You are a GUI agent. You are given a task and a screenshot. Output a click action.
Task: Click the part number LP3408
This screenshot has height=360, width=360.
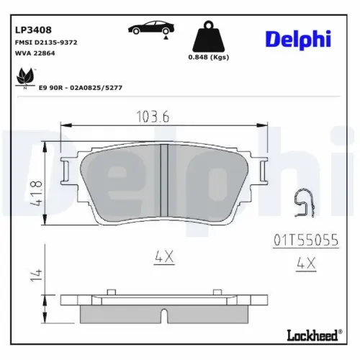click(32, 31)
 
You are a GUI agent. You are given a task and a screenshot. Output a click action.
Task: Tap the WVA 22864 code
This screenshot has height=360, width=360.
click(35, 54)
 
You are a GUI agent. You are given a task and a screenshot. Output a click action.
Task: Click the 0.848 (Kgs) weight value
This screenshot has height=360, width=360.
click(208, 58)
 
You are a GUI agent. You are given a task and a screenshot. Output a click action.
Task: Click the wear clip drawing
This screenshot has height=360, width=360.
click(306, 204)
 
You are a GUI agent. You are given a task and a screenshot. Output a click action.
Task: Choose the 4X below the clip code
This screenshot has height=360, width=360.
click(306, 265)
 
